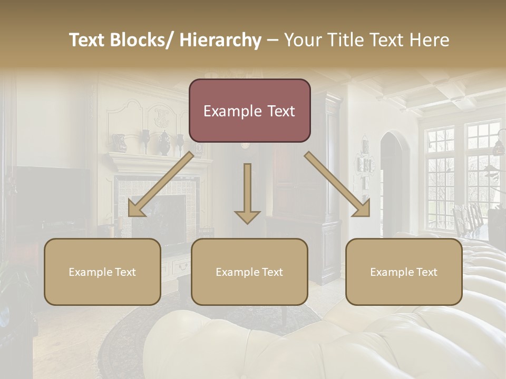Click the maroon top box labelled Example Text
[249, 111]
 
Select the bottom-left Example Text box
[102, 272]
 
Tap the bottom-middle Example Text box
[249, 272]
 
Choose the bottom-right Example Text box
[404, 272]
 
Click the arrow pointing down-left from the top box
[161, 184]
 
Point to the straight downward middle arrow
[247, 193]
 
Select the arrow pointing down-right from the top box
[338, 184]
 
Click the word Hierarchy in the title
[220, 40]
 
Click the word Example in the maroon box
[229, 111]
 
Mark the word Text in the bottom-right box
[426, 272]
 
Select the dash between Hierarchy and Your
[273, 40]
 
